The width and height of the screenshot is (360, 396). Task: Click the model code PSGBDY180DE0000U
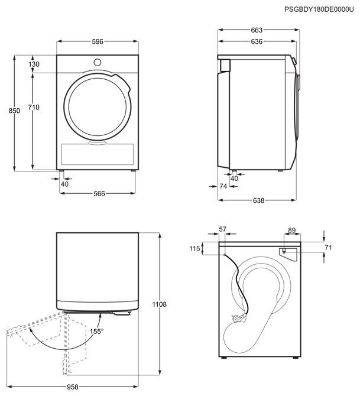click(319, 9)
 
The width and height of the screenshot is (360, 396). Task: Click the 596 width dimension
click(98, 41)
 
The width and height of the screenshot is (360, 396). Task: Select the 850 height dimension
click(14, 111)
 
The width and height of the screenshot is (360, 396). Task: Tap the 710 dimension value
click(34, 108)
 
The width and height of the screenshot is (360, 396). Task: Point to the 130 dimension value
click(34, 64)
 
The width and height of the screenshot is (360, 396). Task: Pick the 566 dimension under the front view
click(99, 193)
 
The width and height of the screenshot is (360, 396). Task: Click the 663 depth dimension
click(257, 30)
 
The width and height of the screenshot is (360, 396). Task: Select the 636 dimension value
click(257, 41)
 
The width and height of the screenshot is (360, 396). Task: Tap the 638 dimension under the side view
click(258, 200)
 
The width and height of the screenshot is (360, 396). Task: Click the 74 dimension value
click(223, 186)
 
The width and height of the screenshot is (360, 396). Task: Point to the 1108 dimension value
click(159, 304)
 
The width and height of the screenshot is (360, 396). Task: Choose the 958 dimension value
click(73, 387)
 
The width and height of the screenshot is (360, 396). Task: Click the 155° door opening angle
click(96, 331)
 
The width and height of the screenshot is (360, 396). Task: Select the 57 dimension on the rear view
click(222, 229)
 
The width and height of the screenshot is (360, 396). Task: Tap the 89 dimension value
click(292, 230)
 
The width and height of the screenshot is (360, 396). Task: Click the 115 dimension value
click(195, 248)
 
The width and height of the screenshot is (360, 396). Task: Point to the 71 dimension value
click(328, 248)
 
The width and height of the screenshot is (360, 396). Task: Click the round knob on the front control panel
click(98, 62)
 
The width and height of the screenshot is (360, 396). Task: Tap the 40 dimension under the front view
click(64, 184)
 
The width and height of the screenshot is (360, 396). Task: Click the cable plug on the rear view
click(238, 318)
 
